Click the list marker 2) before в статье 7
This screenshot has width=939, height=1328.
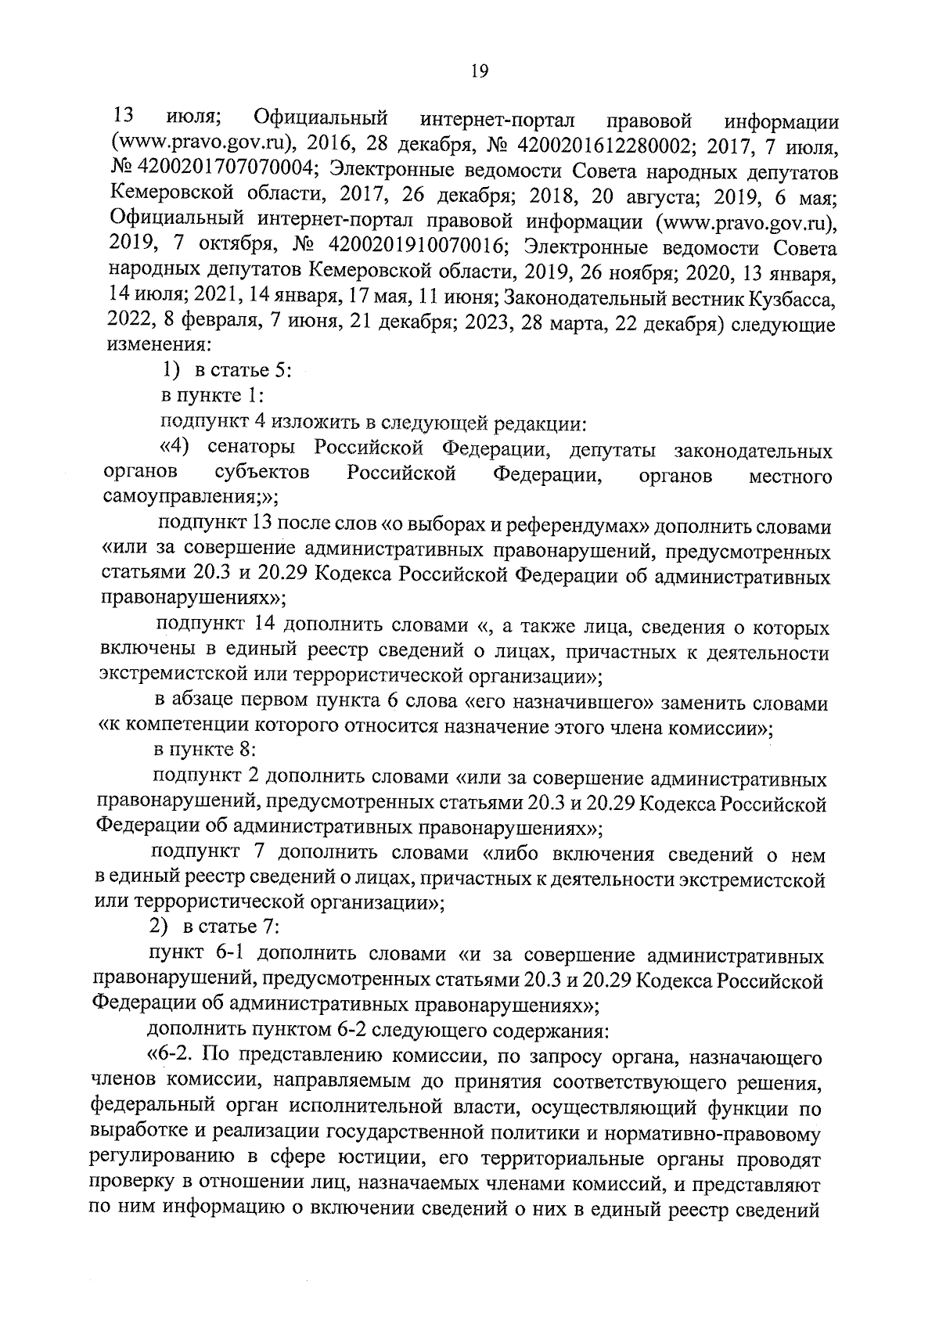(160, 927)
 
